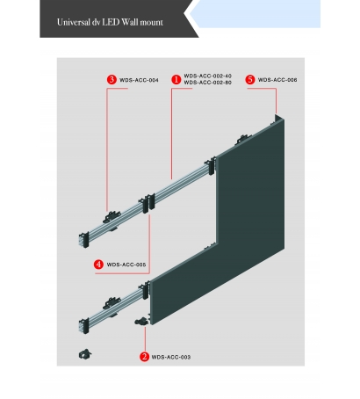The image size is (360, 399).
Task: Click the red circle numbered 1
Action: click(176, 79)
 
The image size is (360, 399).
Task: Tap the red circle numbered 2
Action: click(144, 357)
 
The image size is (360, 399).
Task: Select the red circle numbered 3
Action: click(112, 80)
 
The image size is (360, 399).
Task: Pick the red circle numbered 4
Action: click(98, 265)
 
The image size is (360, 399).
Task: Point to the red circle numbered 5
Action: click(250, 80)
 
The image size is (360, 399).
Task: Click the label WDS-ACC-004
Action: click(139, 80)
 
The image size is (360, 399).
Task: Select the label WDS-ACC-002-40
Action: click(207, 76)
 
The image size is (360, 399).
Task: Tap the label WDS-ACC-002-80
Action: click(207, 83)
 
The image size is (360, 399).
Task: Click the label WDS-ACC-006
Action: click(277, 80)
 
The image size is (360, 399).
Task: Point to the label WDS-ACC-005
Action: click(126, 265)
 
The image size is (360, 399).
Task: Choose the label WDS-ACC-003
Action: click(171, 357)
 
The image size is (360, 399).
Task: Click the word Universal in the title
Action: click(73, 22)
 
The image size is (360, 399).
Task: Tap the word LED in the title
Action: click(111, 22)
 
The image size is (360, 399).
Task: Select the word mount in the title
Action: click(151, 23)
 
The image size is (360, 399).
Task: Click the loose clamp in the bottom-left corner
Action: click(85, 354)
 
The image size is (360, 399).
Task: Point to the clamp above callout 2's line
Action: click(141, 322)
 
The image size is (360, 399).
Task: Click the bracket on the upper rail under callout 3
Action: click(112, 217)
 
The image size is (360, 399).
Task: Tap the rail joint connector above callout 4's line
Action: click(148, 202)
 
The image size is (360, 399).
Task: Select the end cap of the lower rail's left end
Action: click(83, 326)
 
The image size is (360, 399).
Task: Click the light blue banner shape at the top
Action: click(255, 14)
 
